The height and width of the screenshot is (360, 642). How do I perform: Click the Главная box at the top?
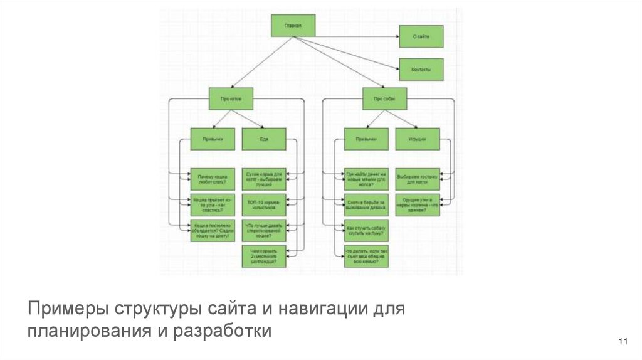point(293,26)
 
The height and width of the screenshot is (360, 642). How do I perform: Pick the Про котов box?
point(231,99)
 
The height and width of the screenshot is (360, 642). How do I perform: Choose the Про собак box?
point(384,99)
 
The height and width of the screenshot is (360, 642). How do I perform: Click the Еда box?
point(264,139)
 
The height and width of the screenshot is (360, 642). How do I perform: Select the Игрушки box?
point(418,139)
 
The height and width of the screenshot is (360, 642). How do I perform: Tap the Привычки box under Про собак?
point(366,139)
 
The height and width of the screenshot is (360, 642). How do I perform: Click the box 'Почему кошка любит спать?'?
point(213,179)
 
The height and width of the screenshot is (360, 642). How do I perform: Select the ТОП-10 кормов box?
point(264,205)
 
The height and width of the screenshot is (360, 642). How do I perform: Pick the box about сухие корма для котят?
point(264,179)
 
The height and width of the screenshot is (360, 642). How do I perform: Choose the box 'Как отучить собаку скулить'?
point(366,231)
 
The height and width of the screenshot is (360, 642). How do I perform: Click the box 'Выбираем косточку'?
point(418,179)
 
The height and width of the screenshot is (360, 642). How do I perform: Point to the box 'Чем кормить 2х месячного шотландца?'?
point(264,257)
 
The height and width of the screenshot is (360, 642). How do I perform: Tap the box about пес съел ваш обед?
point(366,257)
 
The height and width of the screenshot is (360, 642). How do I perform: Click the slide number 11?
point(623,341)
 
